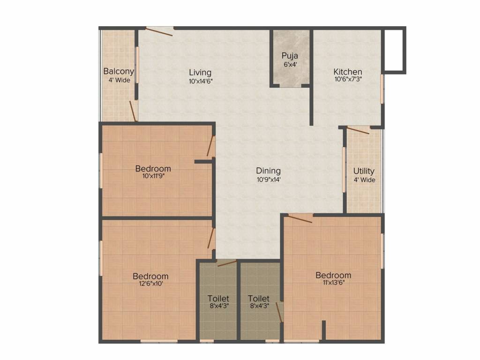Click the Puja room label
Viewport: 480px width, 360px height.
pos(290,56)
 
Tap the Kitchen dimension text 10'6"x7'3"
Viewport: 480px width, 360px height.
pos(348,79)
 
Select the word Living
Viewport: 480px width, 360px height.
pos(200,73)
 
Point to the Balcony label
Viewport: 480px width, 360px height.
pos(119,71)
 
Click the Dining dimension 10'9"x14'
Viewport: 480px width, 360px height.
pos(269,180)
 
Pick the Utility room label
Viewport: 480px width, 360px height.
pos(364,171)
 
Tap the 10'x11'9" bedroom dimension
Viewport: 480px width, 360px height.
pos(154,176)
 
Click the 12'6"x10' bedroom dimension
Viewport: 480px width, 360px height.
pos(150,284)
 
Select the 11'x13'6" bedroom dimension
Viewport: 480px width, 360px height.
pos(333,283)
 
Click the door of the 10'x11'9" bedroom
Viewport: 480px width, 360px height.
pos(210,146)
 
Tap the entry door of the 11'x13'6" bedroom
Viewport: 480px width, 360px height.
pos(300,219)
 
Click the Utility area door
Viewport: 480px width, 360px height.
pos(358,131)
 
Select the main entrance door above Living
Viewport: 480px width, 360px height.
pos(159,32)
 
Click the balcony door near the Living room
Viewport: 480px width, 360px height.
pos(133,111)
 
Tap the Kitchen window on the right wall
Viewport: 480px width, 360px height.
pos(382,89)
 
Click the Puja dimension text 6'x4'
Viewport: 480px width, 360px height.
pos(290,65)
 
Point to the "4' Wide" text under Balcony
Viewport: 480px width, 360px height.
pos(120,80)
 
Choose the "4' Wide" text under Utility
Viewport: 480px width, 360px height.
pos(365,180)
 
